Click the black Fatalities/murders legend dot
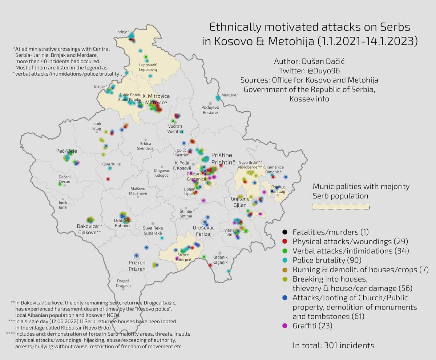pos(285,232)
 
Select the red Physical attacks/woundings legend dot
pos(285,241)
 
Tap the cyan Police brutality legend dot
pos(285,260)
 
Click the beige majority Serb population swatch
pos(341,207)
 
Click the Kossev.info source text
pos(309,99)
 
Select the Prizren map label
pos(137,262)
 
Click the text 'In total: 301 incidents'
pos(334,345)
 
